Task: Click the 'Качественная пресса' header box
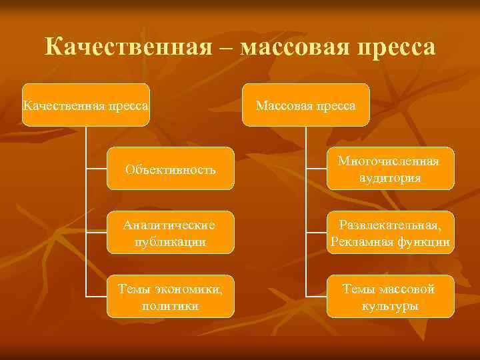(85, 105)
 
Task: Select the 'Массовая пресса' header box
(305, 105)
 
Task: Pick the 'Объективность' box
(171, 169)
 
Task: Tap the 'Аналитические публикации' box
(171, 232)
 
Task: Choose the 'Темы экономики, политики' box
(171, 296)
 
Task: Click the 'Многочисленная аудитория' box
(389, 169)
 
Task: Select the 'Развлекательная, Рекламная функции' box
(389, 232)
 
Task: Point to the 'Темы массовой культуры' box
(389, 296)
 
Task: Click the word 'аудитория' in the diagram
(389, 178)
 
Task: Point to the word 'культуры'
(389, 306)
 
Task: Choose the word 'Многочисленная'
(389, 161)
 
